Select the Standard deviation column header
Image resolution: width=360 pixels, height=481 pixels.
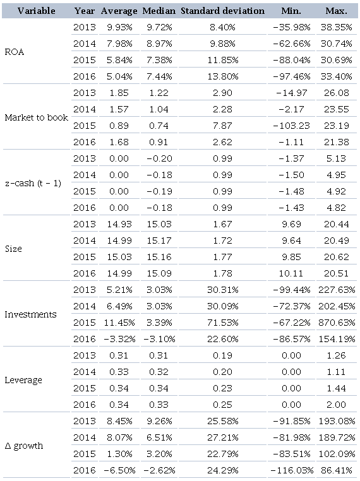(223, 11)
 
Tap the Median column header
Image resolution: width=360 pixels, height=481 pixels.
(159, 11)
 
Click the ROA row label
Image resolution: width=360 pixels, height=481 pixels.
(15, 52)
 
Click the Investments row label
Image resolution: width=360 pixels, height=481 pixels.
(30, 314)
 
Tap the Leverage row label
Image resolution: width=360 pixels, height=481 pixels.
(23, 380)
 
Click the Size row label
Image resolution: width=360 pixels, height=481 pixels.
(14, 249)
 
